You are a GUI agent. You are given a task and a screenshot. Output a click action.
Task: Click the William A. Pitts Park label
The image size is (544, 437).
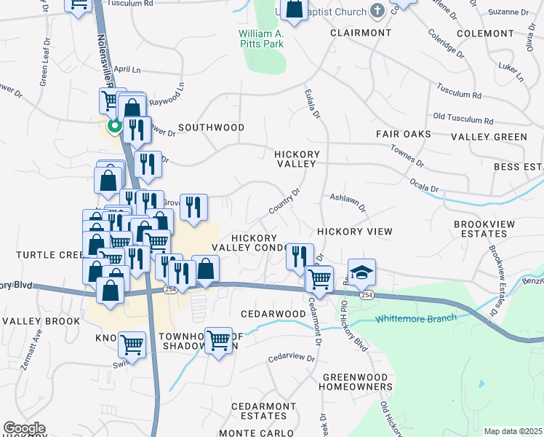(x=261, y=39)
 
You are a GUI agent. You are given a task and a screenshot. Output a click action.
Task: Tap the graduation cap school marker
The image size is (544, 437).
(x=361, y=273)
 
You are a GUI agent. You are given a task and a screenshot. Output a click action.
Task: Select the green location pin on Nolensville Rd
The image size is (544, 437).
(x=114, y=127)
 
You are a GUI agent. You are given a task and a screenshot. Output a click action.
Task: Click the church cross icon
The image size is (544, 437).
(x=377, y=10)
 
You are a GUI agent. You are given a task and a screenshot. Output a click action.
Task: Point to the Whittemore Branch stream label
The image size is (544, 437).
(x=415, y=318)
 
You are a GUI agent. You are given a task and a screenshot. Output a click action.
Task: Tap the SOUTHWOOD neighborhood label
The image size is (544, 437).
(x=212, y=127)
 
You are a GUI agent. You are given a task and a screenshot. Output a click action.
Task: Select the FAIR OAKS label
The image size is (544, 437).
(x=404, y=134)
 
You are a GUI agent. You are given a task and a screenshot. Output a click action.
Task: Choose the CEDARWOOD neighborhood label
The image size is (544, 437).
(x=273, y=313)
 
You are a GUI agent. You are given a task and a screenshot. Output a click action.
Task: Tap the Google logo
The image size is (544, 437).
(x=24, y=428)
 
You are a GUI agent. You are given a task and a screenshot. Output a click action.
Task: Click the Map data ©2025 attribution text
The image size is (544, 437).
(x=513, y=431)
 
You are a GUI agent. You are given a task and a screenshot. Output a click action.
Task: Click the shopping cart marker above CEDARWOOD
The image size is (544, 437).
(x=319, y=278)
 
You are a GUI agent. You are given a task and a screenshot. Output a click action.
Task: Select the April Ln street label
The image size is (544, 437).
(x=127, y=70)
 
